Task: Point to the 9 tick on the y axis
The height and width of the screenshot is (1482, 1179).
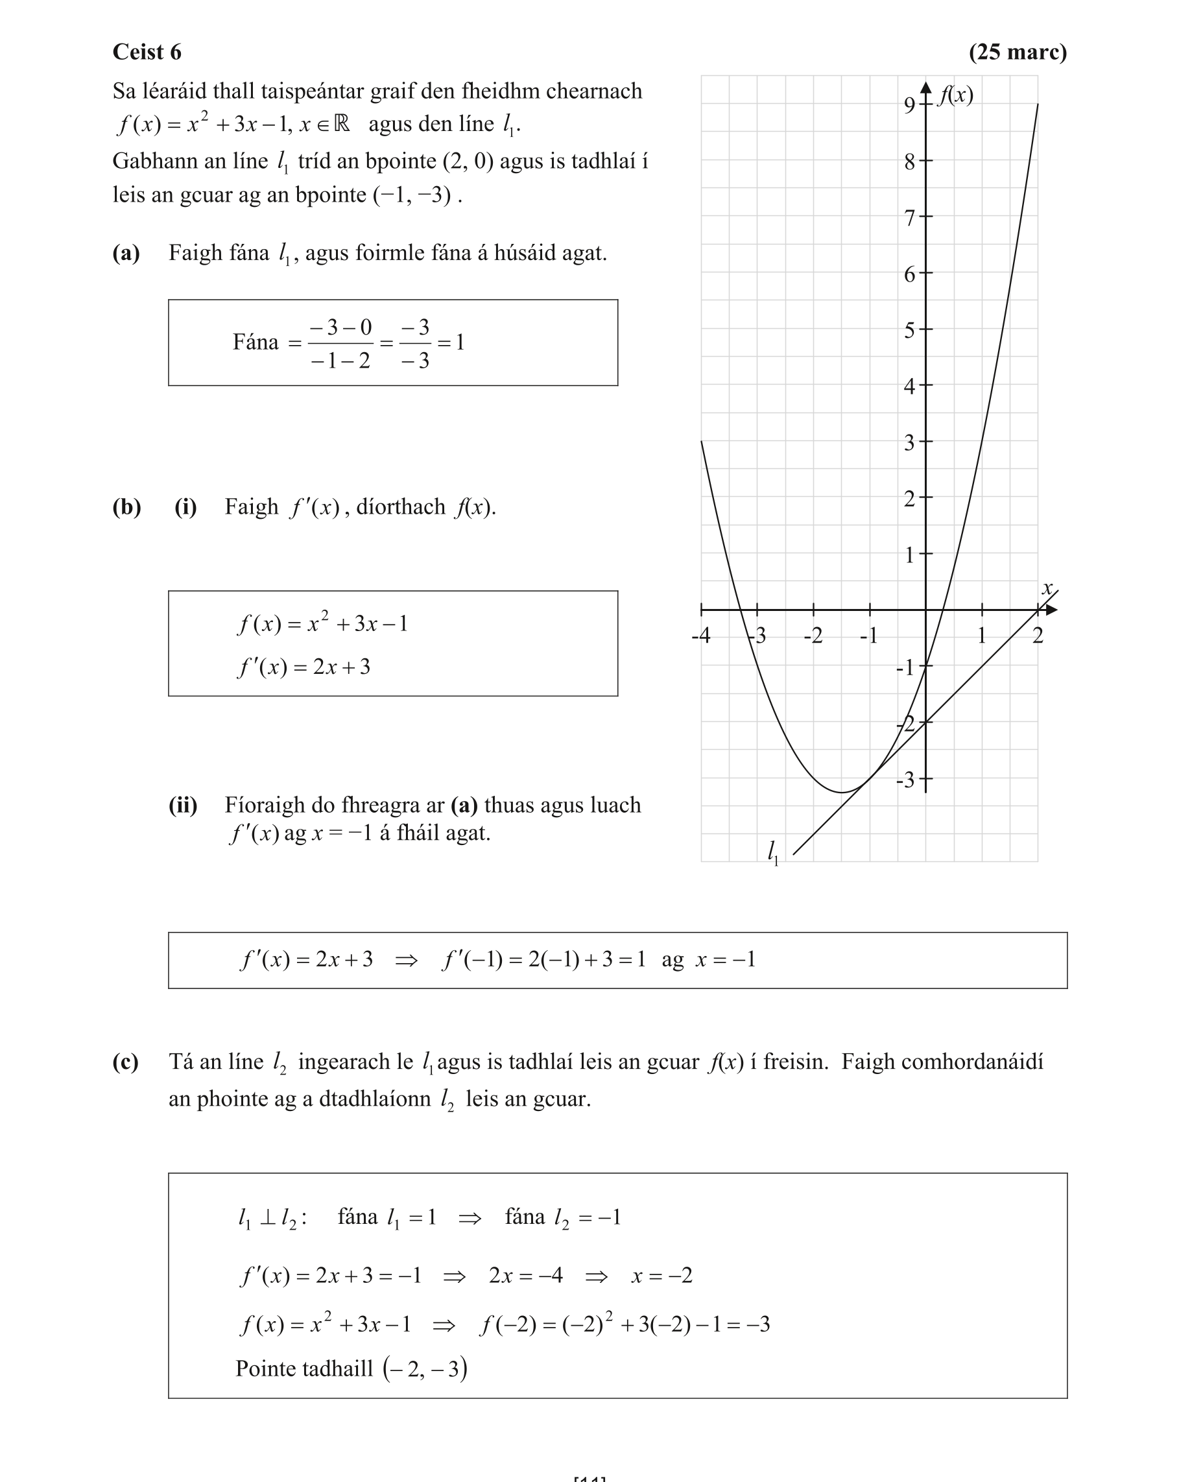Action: (x=909, y=105)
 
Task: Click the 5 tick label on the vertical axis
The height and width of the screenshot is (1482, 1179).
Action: (x=909, y=331)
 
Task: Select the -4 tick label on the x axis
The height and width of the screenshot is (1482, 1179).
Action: (x=700, y=635)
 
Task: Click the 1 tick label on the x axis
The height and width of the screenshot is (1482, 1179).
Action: (x=982, y=635)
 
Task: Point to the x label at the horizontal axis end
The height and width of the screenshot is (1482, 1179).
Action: (x=1047, y=588)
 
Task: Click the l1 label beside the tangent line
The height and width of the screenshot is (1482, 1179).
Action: (x=774, y=852)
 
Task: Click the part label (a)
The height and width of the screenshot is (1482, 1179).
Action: (x=126, y=253)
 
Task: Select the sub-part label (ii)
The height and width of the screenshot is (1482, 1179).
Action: (x=183, y=805)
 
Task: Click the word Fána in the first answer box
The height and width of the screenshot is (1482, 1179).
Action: (x=255, y=342)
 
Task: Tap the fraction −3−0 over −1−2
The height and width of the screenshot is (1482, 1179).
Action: (x=340, y=343)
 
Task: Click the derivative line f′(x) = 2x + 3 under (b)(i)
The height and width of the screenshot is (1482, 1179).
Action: (x=304, y=667)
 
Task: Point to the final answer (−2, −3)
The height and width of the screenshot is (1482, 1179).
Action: (x=425, y=1368)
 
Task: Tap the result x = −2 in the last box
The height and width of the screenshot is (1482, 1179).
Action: (x=661, y=1276)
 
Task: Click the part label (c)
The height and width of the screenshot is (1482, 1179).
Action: (x=125, y=1062)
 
